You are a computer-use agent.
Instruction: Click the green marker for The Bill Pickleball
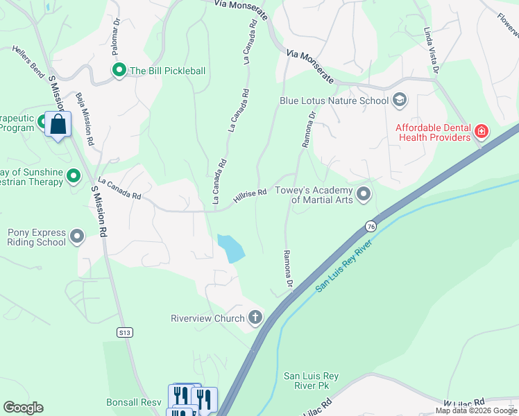(x=119, y=70)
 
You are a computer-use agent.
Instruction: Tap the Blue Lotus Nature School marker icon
(x=399, y=101)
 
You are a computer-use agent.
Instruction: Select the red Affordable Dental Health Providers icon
(x=481, y=131)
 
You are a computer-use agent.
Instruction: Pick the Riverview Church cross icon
(x=255, y=318)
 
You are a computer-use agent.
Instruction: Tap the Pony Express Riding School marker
(x=76, y=238)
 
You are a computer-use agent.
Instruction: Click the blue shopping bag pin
(x=58, y=125)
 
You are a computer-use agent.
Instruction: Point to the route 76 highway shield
(x=371, y=227)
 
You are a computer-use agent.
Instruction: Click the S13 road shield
(x=124, y=333)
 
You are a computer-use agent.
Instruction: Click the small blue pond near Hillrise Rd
(x=230, y=248)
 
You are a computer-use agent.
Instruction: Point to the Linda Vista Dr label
(x=432, y=51)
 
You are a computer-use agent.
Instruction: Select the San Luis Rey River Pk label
(x=311, y=381)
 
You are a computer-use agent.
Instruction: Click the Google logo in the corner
(x=23, y=408)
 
